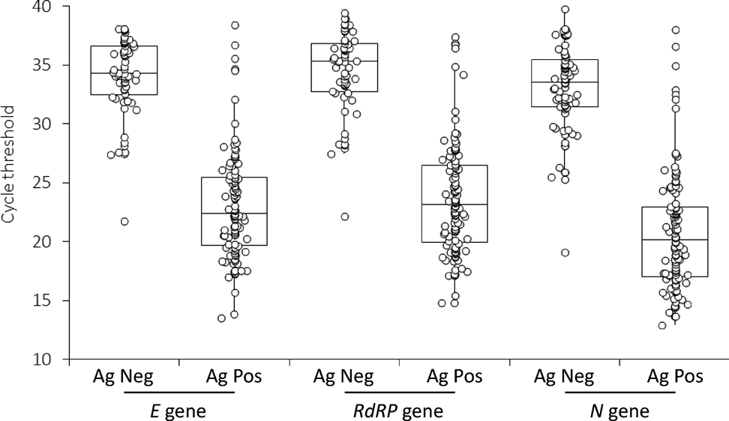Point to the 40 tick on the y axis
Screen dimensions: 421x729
point(50,7)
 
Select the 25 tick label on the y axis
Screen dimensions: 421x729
point(50,183)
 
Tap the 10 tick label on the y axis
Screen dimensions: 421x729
point(50,360)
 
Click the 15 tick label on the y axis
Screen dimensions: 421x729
point(50,300)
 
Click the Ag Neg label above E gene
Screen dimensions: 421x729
point(124,377)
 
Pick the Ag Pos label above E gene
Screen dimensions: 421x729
point(234,377)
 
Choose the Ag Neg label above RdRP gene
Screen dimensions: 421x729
point(344,377)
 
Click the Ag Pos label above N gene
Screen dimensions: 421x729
point(675,377)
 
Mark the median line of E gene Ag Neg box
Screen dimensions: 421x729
point(124,73)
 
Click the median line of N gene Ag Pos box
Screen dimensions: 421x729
point(675,240)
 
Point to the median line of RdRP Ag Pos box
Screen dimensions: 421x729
point(454,204)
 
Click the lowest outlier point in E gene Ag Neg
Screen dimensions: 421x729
point(124,221)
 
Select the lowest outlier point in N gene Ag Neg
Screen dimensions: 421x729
point(565,252)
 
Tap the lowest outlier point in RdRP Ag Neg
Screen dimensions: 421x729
point(345,216)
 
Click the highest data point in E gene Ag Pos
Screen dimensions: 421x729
point(235,25)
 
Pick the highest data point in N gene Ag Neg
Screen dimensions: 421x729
point(565,10)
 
